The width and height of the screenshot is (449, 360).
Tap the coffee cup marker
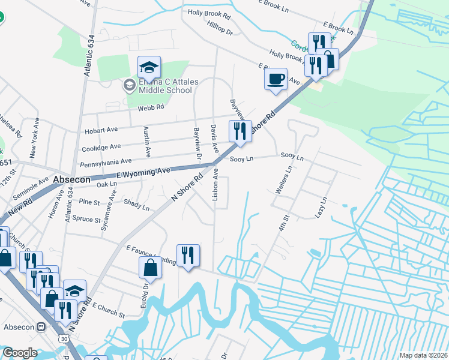click(x=276, y=79)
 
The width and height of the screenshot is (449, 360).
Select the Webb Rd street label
click(x=151, y=107)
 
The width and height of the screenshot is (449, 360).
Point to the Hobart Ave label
click(x=101, y=130)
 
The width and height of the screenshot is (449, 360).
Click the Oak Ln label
click(x=106, y=184)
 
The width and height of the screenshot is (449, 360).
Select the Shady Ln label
click(x=136, y=205)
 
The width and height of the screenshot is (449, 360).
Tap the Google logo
click(x=20, y=353)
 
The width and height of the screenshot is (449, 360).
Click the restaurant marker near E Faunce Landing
click(x=188, y=256)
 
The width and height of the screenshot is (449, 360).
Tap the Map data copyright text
click(x=423, y=355)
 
